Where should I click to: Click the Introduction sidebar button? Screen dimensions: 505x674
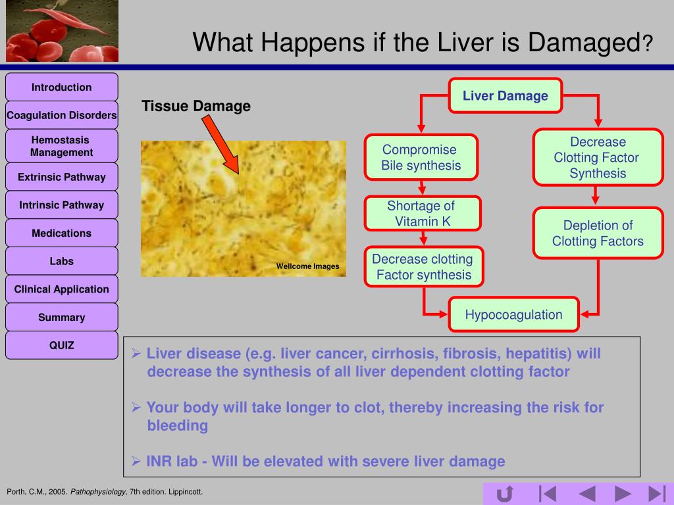[x=62, y=87]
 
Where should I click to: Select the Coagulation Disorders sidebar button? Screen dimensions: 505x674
[x=62, y=116]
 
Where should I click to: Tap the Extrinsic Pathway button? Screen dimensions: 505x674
[x=62, y=177]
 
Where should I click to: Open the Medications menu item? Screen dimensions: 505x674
[x=62, y=233]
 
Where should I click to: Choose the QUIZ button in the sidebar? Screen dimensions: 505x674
[x=62, y=345]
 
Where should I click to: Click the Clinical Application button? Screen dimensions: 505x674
[x=62, y=289]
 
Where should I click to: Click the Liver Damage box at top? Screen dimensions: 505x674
[x=505, y=96]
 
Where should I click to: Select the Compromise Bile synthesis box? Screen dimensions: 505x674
[x=421, y=158]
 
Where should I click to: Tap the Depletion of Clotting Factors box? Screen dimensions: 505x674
[x=598, y=233]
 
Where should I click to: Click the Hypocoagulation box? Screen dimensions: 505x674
[x=514, y=314]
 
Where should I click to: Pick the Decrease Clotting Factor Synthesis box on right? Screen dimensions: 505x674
[x=598, y=158]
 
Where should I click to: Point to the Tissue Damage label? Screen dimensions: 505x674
[x=196, y=107]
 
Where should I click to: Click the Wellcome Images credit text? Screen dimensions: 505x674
[x=307, y=266]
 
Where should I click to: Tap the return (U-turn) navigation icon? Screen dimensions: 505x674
[x=505, y=493]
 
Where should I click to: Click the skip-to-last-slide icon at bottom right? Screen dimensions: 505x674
[x=656, y=493]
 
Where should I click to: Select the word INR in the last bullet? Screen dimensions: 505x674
[x=159, y=462]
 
